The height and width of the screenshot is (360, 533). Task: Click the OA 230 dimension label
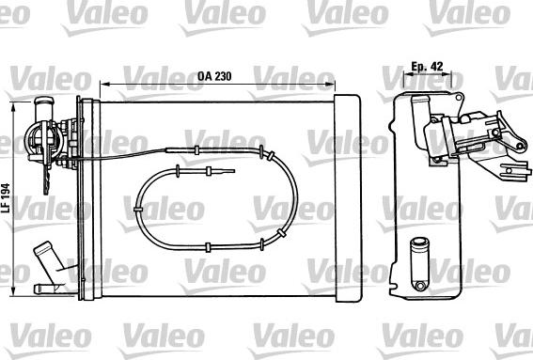click(x=217, y=76)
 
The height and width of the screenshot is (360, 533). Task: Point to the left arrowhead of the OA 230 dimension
click(x=102, y=85)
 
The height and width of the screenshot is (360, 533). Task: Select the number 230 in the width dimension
click(x=225, y=76)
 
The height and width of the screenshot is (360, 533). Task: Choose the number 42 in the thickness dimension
click(x=437, y=67)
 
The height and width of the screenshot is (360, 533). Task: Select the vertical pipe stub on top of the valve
click(x=42, y=104)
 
